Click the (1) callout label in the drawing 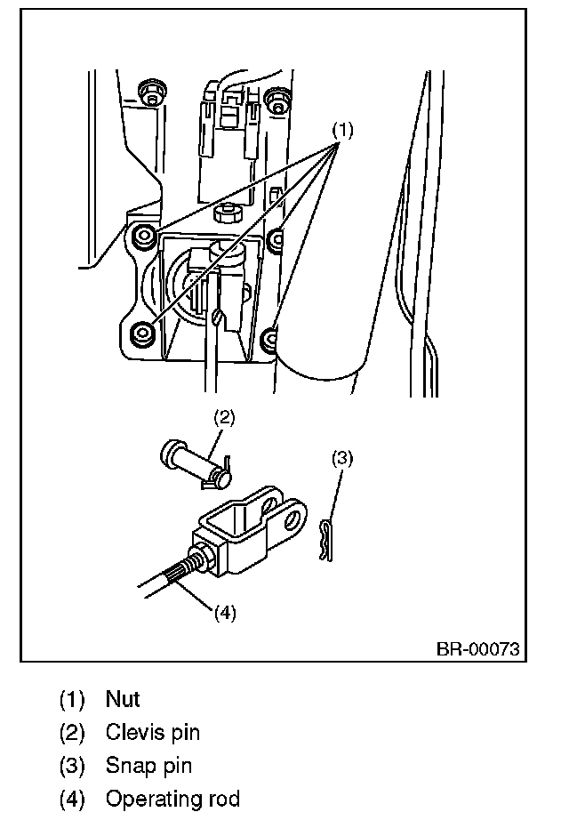[x=343, y=130]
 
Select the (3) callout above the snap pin [x=342, y=458]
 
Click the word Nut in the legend [x=123, y=699]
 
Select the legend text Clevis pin [x=152, y=732]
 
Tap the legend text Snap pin [x=148, y=765]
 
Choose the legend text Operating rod [x=172, y=798]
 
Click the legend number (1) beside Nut [x=73, y=699]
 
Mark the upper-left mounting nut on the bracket [x=142, y=236]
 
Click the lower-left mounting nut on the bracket [x=142, y=333]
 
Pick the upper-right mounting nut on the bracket [x=276, y=237]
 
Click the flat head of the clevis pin [x=171, y=454]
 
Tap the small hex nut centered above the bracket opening [x=227, y=213]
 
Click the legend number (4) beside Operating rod [x=73, y=798]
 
